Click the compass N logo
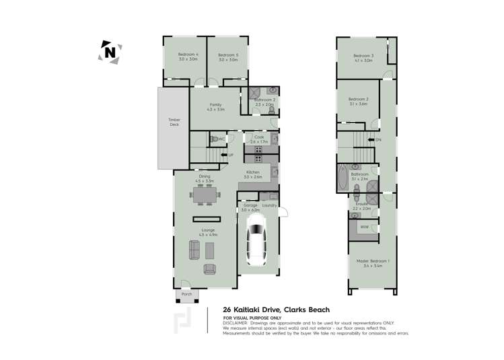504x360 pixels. pyautogui.click(x=110, y=52)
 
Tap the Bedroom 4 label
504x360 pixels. pyautogui.click(x=188, y=55)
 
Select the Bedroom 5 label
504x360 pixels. pyautogui.click(x=228, y=55)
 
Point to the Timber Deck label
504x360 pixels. pyautogui.click(x=174, y=122)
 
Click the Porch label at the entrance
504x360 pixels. pyautogui.click(x=186, y=294)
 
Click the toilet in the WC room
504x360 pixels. pyautogui.click(x=230, y=139)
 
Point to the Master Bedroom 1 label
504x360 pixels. pyautogui.click(x=372, y=260)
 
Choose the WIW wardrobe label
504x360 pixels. pyautogui.click(x=364, y=227)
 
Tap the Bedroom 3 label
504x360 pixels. pyautogui.click(x=363, y=55)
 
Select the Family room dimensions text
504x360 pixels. pyautogui.click(x=215, y=109)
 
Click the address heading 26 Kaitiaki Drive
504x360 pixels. pyautogui.click(x=277, y=310)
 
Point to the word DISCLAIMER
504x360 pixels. pyautogui.click(x=236, y=323)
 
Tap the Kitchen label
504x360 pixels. pyautogui.click(x=253, y=173)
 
